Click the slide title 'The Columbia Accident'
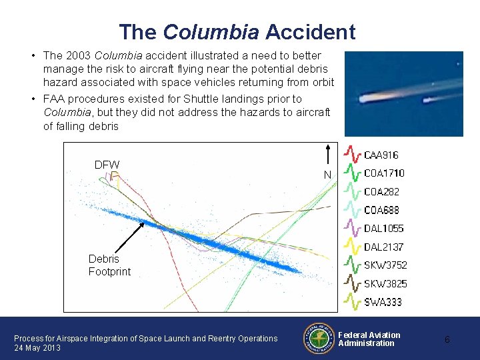(x=237, y=31)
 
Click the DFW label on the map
(x=107, y=165)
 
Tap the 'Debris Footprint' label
(x=109, y=265)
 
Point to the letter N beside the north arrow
(x=327, y=175)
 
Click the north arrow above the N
(x=327, y=153)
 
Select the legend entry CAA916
(x=381, y=155)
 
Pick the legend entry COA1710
(x=384, y=173)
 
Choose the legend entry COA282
(x=381, y=192)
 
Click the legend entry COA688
(x=381, y=210)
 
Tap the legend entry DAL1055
(x=383, y=229)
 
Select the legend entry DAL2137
(x=383, y=247)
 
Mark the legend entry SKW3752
(x=385, y=265)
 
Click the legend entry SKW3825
(x=385, y=284)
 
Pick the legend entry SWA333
(x=383, y=302)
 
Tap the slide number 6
(x=447, y=339)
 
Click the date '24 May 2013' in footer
(x=37, y=348)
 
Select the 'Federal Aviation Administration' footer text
(x=369, y=339)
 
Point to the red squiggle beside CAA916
(x=352, y=155)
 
